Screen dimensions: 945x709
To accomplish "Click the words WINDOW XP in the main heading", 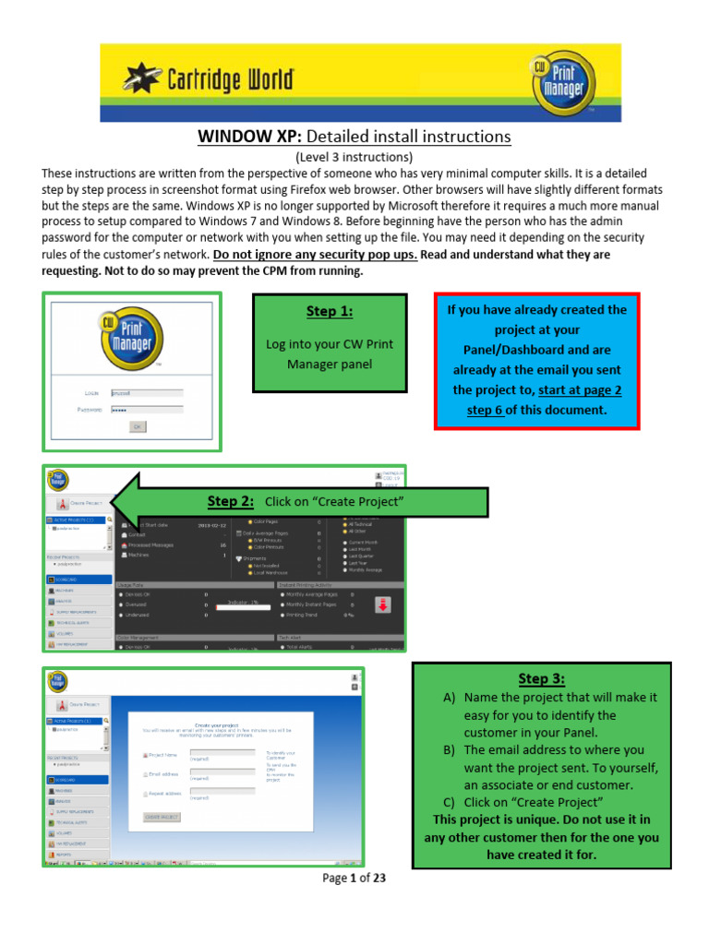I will [x=245, y=137].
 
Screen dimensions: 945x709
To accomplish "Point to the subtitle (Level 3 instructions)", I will [x=354, y=157].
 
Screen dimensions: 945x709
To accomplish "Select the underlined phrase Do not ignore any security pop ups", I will [x=315, y=255].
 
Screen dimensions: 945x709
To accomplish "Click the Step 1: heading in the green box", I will [x=329, y=311].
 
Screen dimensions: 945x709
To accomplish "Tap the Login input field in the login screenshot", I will [x=146, y=392].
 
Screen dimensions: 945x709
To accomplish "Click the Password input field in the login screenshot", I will [x=146, y=409].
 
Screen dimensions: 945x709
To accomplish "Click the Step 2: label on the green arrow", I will [x=233, y=501].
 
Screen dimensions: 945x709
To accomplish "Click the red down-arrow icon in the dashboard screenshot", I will [x=383, y=605].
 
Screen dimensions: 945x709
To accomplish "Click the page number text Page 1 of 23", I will [x=354, y=878].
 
